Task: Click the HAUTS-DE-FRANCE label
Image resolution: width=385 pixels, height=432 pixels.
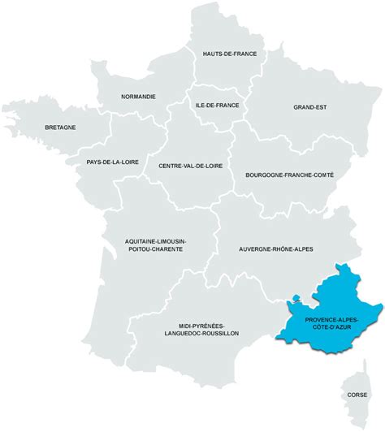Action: [x=229, y=54]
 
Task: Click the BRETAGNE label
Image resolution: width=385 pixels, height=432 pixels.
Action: [x=60, y=127]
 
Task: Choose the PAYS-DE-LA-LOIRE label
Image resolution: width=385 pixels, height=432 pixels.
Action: [x=112, y=162]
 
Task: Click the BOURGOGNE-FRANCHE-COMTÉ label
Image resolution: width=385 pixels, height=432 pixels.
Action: [x=289, y=175]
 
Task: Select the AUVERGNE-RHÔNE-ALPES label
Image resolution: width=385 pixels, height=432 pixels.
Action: [x=276, y=248]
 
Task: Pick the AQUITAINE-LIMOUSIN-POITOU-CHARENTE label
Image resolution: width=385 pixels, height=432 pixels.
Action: [x=154, y=245]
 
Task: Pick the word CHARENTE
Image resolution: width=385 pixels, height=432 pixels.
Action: [x=164, y=250]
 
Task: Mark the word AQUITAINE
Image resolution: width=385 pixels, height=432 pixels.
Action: [x=142, y=241]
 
